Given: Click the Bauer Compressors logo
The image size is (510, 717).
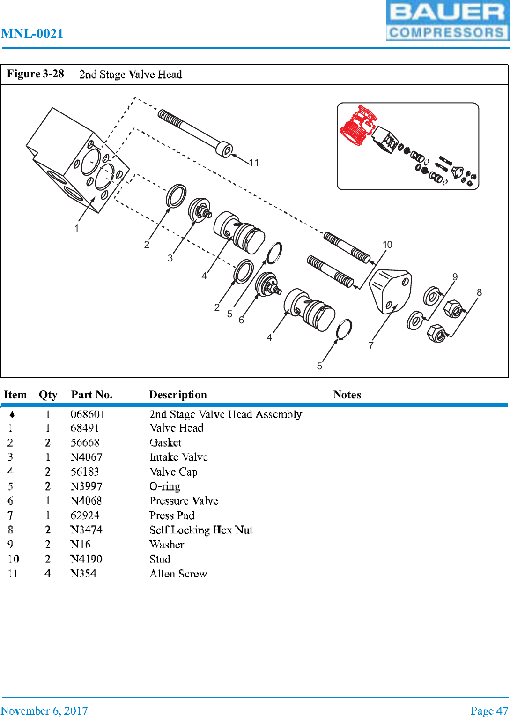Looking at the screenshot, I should [447, 21].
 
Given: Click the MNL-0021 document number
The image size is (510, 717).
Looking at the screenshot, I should [32, 34].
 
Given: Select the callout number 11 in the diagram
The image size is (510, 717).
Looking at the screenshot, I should [254, 163].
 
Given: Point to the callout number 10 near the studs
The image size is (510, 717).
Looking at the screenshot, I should [387, 245].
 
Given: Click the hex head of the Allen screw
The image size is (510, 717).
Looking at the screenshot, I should [225, 150].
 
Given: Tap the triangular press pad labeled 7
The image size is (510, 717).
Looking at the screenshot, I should [391, 291].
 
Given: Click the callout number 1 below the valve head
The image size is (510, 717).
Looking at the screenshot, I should [76, 228].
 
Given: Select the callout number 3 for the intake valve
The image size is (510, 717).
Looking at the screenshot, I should [170, 258].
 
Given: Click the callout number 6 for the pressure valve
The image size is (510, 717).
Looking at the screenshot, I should [241, 320].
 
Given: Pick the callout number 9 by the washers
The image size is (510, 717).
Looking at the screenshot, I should [455, 277].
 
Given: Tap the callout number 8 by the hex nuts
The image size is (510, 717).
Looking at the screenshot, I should [479, 292].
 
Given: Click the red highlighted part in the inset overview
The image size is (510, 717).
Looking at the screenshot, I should [358, 126].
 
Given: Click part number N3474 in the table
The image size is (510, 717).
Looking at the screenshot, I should [87, 530].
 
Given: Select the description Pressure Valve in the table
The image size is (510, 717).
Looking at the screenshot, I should [184, 501].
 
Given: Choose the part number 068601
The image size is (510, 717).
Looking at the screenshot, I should [88, 414].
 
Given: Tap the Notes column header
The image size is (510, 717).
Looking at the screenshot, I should [347, 395].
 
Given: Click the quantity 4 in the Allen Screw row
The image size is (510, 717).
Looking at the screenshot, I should [48, 574].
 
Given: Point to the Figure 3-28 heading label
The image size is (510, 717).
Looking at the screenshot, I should [36, 74].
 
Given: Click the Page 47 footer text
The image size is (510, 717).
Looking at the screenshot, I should [489, 711].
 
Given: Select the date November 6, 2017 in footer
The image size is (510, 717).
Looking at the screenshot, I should [44, 711].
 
